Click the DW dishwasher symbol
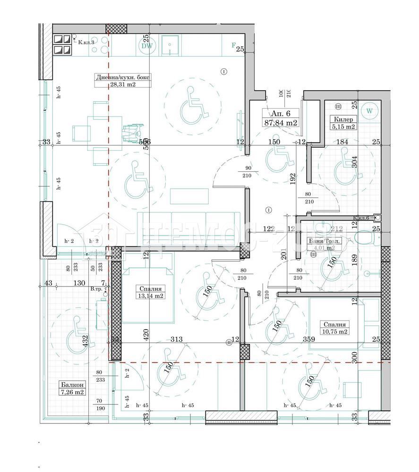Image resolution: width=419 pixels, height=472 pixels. pos(146,46)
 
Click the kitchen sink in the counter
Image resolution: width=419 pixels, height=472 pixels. pos(169,45)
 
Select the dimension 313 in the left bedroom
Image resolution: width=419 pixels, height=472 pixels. pos(176,339)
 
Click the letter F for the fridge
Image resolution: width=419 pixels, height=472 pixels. pos(233,45)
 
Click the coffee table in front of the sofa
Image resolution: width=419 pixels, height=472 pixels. pos(189,196)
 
